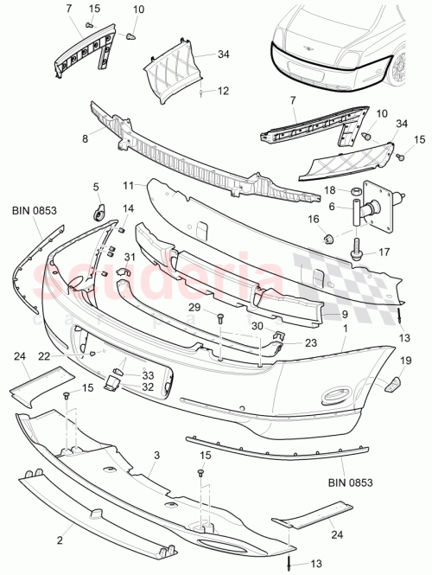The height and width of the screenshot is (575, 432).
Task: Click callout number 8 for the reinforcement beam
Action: pyautogui.click(x=85, y=136)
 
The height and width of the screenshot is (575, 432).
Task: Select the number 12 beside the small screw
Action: pyautogui.click(x=222, y=90)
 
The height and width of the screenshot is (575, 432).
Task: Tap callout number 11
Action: pyautogui.click(x=127, y=186)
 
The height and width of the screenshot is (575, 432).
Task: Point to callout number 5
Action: pyautogui.click(x=96, y=186)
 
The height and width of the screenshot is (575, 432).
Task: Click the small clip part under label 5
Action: pyautogui.click(x=98, y=210)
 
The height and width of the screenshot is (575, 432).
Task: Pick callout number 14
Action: pyautogui.click(x=129, y=208)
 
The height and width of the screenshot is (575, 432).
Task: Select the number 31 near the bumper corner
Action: pyautogui.click(x=130, y=257)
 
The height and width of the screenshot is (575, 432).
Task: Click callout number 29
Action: pyautogui.click(x=194, y=309)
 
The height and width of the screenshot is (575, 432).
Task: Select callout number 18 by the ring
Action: pyautogui.click(x=329, y=189)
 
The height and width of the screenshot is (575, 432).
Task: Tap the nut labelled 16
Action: pyautogui.click(x=328, y=238)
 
